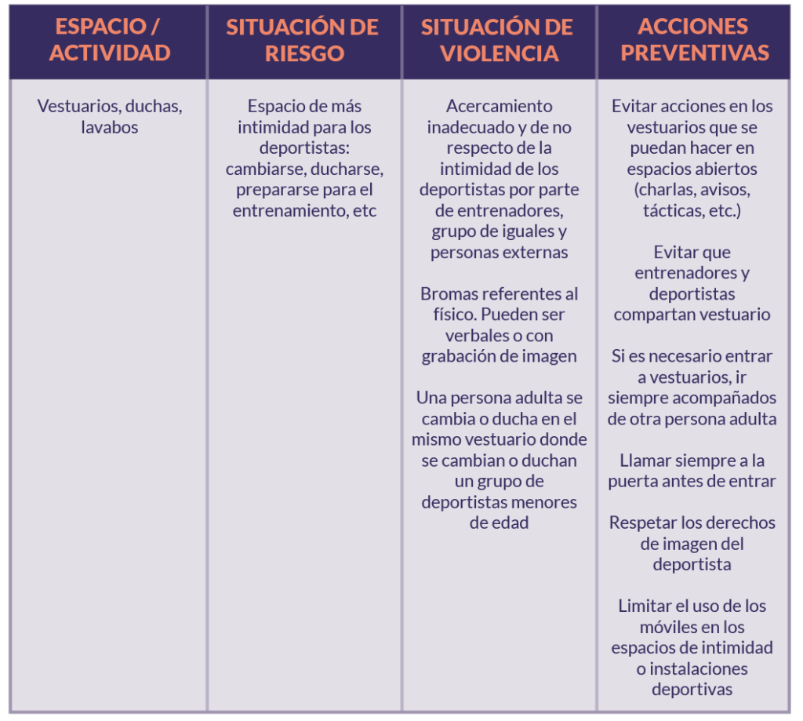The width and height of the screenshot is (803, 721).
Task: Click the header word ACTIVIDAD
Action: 110,53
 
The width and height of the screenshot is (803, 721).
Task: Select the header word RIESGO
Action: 303,53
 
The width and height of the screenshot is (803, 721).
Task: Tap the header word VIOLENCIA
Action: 499,53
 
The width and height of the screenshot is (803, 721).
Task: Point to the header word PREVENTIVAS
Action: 693,53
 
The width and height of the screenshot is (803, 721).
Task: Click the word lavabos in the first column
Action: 110,127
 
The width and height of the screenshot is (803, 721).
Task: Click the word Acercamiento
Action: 500,106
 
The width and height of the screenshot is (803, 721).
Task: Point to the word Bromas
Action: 449,294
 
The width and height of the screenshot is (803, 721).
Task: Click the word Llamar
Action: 643,461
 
